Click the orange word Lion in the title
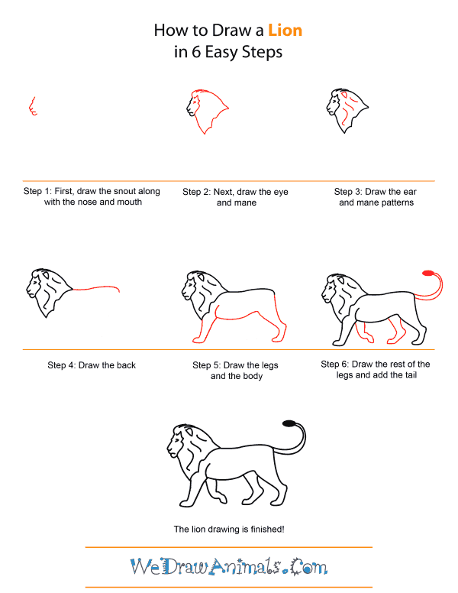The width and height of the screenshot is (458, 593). (x=285, y=31)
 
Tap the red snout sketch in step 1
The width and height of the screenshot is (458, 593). (x=32, y=106)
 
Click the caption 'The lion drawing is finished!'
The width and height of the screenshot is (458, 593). (x=228, y=529)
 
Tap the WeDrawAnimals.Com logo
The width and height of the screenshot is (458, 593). (x=228, y=566)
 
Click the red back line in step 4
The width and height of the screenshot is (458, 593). (x=95, y=287)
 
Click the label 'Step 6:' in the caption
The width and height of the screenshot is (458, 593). (x=335, y=365)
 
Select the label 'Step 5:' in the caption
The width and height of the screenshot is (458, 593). (x=208, y=365)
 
